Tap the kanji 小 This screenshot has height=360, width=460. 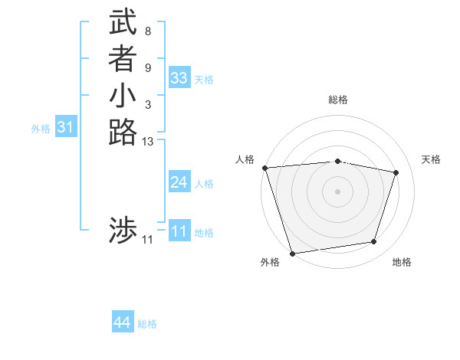[123, 98]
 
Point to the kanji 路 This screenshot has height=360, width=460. [123, 132]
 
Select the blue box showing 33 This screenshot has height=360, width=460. [179, 77]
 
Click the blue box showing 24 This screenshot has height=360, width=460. [179, 182]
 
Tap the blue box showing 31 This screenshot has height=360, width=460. [65, 127]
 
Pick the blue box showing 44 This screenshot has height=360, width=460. [123, 322]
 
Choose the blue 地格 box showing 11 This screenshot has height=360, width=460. [179, 231]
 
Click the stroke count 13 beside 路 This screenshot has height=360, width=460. [148, 141]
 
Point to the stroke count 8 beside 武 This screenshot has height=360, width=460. [147, 31]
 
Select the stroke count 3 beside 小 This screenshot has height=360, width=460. [147, 104]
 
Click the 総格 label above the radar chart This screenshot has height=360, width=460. [337, 100]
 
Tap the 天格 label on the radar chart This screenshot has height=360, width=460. [431, 159]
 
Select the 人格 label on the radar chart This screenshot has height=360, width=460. [245, 159]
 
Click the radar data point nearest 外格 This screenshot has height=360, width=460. [292, 253]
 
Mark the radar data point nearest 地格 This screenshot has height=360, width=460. [374, 242]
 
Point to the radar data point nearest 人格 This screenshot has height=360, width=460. [264, 168]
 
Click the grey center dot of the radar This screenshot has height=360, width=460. [337, 191]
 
